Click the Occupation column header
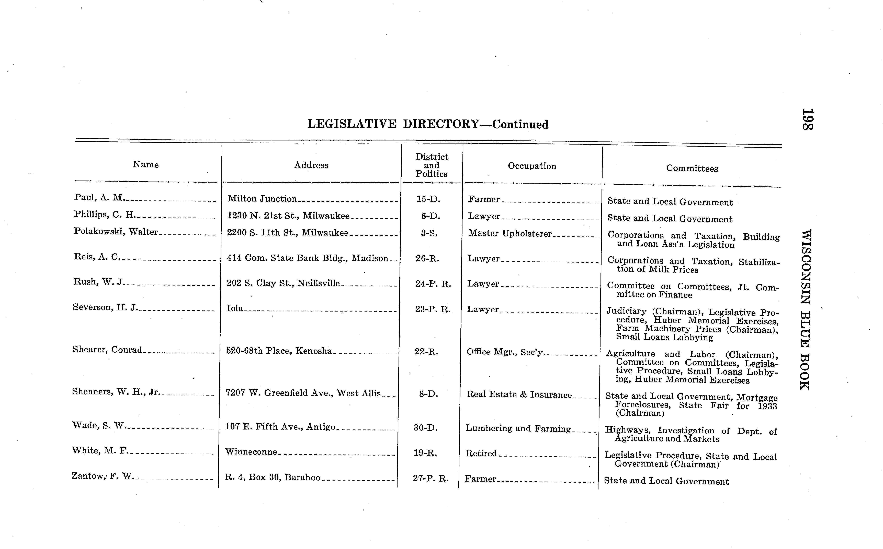(x=532, y=166)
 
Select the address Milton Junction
(x=262, y=199)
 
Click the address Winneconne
(x=251, y=452)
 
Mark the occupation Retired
(x=481, y=453)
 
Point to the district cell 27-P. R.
(x=431, y=478)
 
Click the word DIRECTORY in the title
(x=441, y=124)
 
